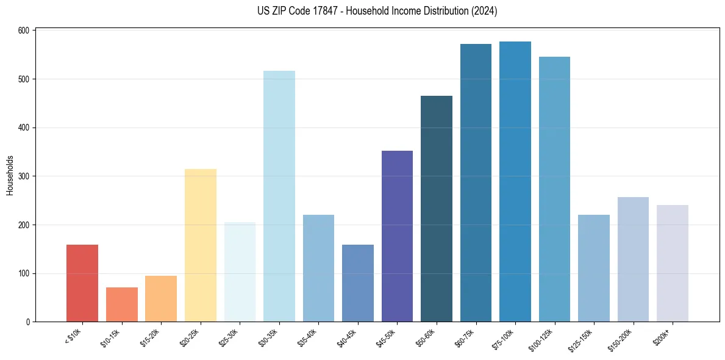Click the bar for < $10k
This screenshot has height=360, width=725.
coord(82,283)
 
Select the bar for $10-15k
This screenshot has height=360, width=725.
coord(122,304)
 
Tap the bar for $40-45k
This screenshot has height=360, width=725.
coord(358,283)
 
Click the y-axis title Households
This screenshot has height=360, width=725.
coord(10,175)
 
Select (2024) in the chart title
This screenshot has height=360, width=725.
coord(483,11)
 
